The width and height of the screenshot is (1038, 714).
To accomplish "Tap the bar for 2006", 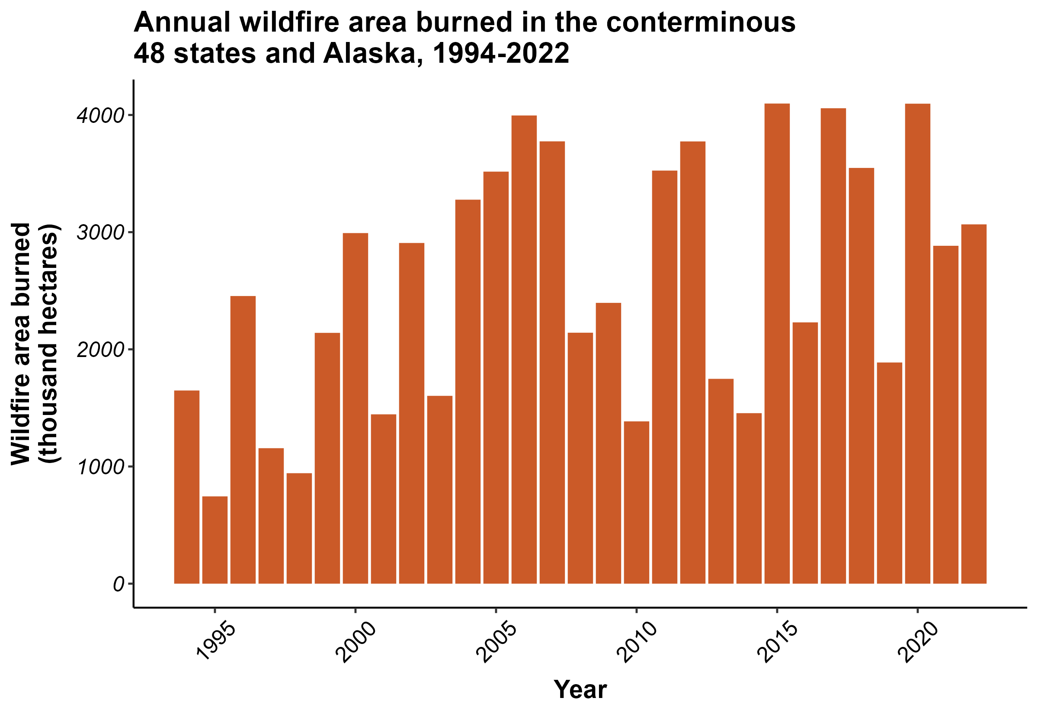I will point(524,349).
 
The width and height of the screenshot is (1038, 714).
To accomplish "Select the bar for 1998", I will point(299,528).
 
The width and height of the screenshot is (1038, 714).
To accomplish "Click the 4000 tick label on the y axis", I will point(99,116).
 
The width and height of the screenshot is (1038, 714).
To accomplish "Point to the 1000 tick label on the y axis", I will point(99,467).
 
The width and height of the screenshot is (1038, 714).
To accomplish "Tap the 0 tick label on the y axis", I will point(119,584).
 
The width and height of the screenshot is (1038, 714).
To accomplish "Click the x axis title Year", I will point(580,689).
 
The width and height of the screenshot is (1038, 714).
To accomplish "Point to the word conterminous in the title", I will point(701,22).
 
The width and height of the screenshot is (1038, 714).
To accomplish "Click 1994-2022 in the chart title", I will point(501,53).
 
